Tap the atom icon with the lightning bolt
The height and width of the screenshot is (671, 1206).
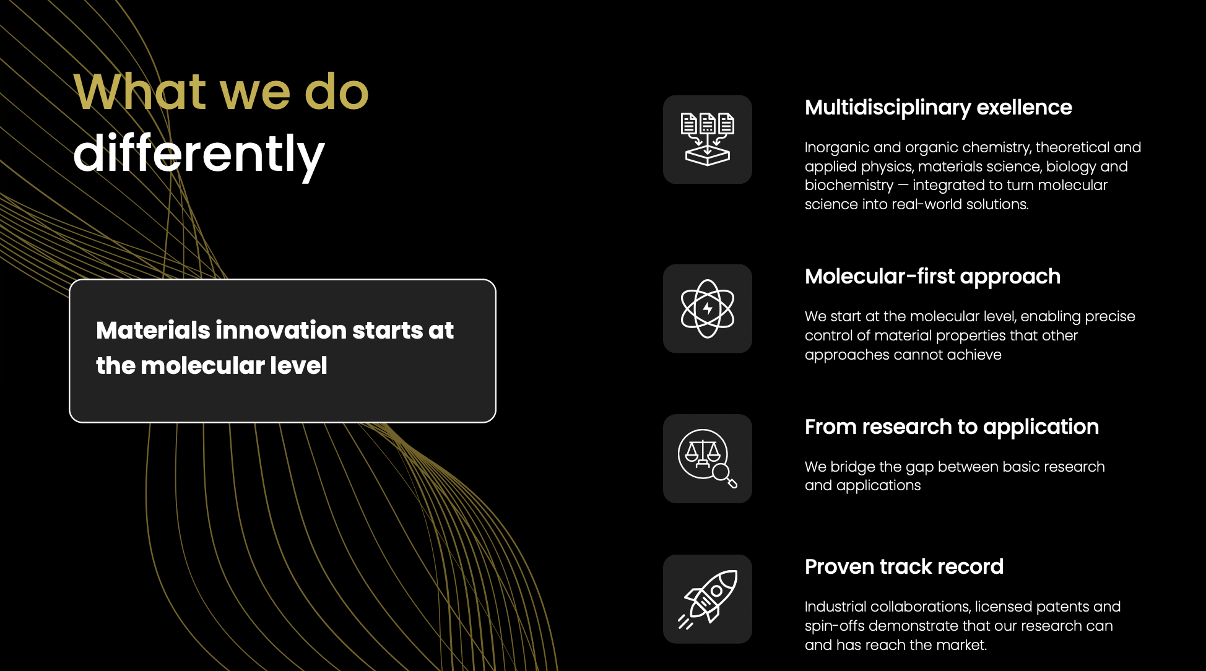coord(708,308)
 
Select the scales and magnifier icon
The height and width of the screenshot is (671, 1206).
coord(708,459)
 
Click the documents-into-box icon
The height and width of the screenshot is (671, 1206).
coord(708,139)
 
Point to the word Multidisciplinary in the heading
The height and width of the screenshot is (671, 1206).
coord(888,108)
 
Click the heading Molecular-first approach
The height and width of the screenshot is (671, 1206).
coord(932,277)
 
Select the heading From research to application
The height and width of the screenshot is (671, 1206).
coord(952,427)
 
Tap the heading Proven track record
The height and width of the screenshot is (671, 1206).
coord(904,566)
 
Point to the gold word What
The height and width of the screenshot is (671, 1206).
coord(139,92)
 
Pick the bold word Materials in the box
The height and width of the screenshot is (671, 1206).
coord(154,330)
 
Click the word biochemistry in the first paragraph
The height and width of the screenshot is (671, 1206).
coord(849,186)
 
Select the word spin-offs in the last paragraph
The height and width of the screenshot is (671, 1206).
coord(835,626)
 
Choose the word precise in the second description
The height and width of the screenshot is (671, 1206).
coord(1110,317)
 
